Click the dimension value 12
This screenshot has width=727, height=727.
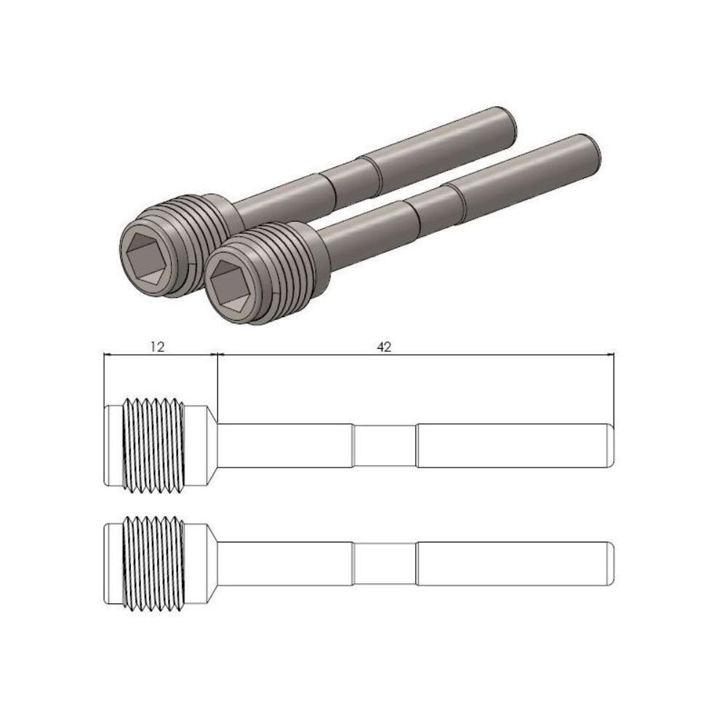[x=157, y=347]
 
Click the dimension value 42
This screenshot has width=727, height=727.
[x=384, y=347]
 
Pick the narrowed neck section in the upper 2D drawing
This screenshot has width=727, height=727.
[x=385, y=445]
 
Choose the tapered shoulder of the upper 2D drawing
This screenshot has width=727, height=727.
[x=211, y=445]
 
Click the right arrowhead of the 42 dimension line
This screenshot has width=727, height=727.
[x=611, y=355]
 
